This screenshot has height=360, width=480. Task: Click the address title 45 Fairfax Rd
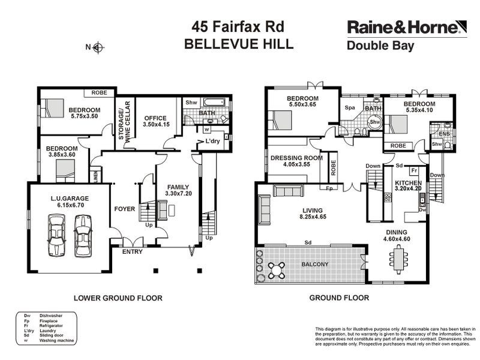(x=238, y=26)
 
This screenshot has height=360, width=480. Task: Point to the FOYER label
(x=125, y=209)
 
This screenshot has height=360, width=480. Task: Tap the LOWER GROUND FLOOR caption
(x=118, y=298)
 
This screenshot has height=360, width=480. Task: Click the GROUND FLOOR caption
(x=339, y=298)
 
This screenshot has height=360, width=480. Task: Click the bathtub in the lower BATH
(x=214, y=103)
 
